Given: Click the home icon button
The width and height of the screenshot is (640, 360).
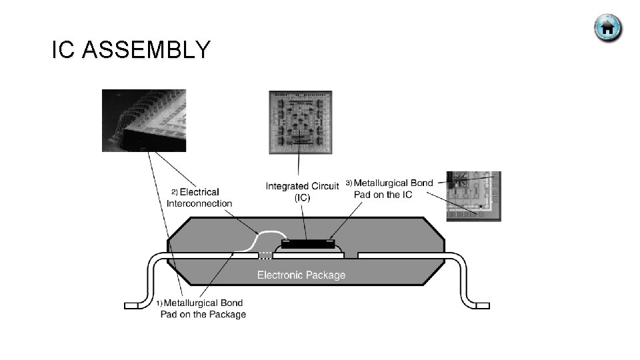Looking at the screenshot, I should point(607,28).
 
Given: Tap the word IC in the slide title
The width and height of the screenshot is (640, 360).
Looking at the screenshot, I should point(63,50).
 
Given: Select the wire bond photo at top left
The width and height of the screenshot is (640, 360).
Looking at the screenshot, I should point(143,121).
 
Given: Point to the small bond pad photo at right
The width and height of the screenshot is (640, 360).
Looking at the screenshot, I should point(473,196).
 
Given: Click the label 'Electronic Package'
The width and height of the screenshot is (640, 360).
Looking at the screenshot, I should point(301,275).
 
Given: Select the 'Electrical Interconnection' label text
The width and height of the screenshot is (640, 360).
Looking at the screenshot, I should point(199,198).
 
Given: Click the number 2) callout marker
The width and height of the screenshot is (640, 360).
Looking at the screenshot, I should point(175,193).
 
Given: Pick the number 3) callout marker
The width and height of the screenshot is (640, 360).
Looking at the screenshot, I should point(349,183).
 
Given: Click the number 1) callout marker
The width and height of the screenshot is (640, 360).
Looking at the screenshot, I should point(159,303).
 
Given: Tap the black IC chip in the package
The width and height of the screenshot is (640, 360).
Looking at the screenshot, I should point(307,244).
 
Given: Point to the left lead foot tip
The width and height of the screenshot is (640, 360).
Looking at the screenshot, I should point(131,305).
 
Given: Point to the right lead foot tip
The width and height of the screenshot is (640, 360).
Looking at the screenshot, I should point(483,305).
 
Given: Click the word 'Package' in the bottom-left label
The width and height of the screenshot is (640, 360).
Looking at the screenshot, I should point(227,315).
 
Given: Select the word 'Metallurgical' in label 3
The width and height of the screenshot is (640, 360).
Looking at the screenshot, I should point(383,183).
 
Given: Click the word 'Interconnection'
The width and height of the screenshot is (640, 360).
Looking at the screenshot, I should point(199,203).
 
